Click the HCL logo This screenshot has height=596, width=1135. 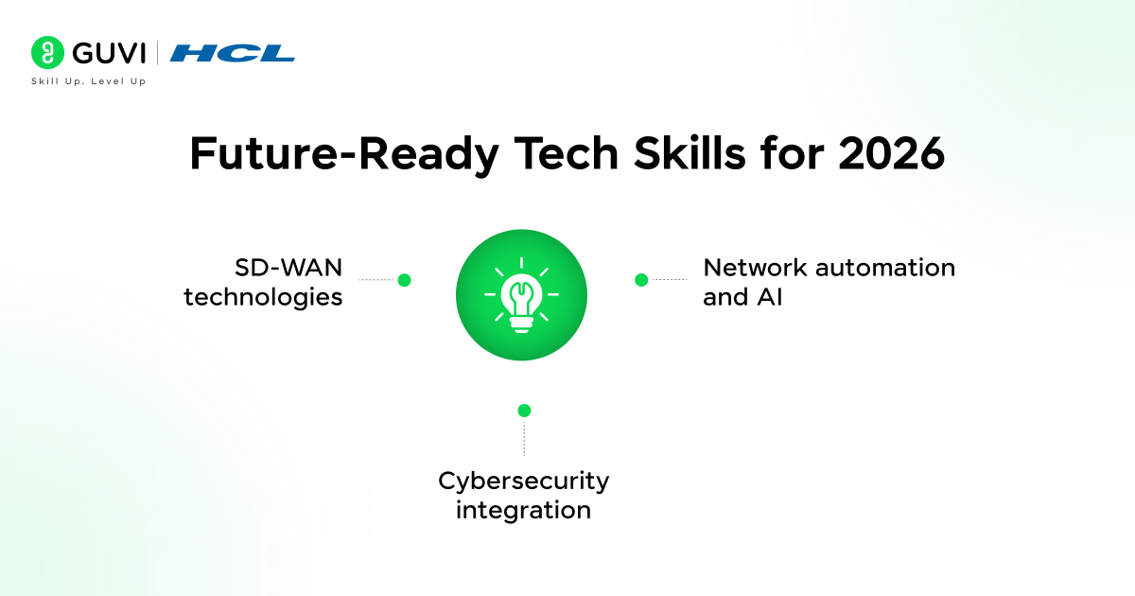coord(232,53)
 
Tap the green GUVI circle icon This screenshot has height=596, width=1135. coord(46,53)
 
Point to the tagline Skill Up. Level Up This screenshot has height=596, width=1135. coord(88,81)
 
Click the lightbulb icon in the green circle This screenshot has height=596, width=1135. coord(521,295)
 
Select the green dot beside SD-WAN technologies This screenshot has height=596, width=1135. coord(404,280)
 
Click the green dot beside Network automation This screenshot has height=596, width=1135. coord(640,280)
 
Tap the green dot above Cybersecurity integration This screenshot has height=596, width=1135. coord(524,411)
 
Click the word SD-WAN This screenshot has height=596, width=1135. coord(288,268)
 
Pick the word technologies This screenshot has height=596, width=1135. coord(263,297)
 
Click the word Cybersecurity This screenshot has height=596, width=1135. coord(523,481)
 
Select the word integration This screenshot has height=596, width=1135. coord(523,511)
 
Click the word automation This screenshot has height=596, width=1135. coord(877,268)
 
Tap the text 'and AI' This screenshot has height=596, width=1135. coord(742,297)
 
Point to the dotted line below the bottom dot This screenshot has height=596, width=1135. coord(524,439)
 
